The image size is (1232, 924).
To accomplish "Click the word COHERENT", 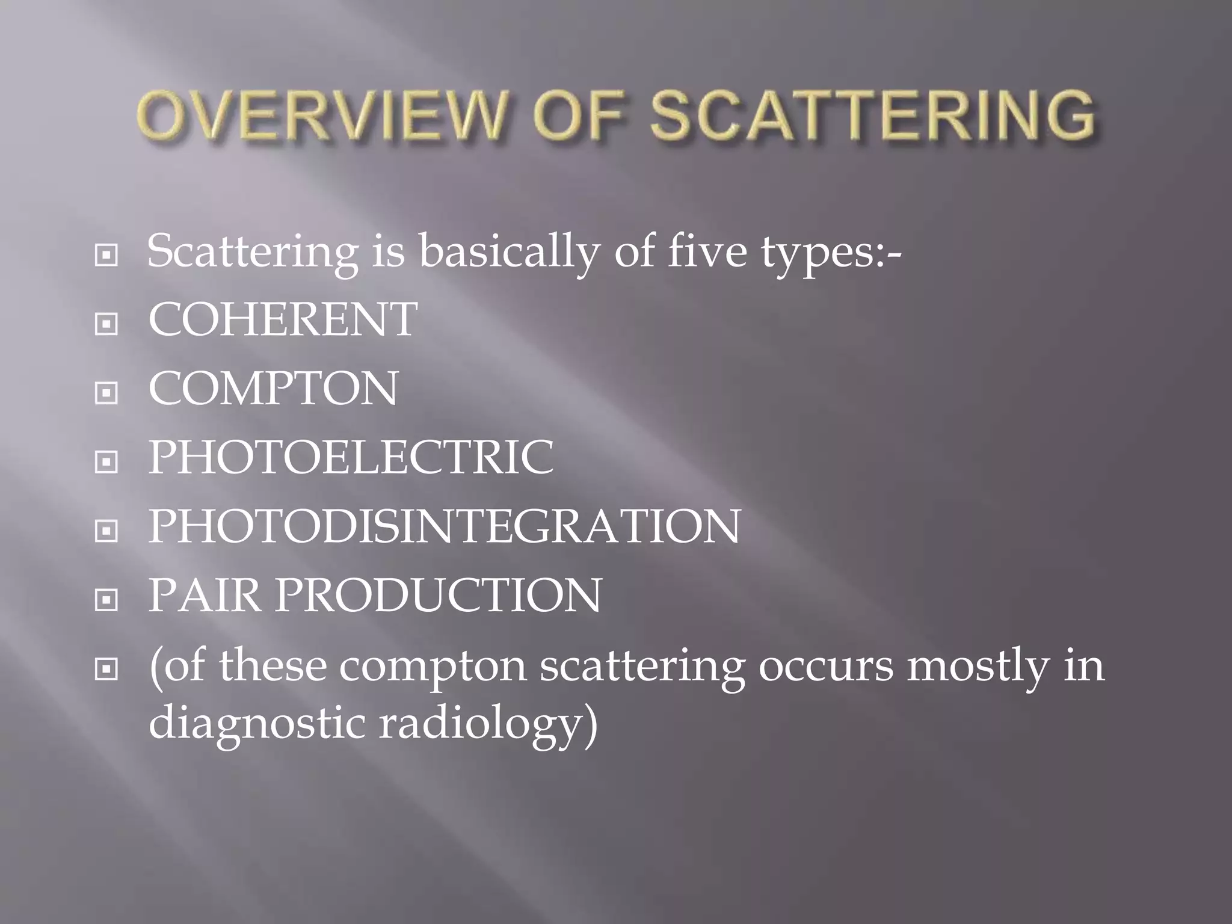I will [x=283, y=319].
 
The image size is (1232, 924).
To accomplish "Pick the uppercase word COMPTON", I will [x=273, y=389].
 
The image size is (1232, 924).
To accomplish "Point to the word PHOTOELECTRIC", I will [x=351, y=458].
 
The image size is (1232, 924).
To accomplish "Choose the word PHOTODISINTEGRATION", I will [x=444, y=527].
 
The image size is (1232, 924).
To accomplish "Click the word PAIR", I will [x=205, y=596].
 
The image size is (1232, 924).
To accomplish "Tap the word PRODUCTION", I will [x=439, y=596].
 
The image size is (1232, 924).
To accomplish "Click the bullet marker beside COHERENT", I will [x=106, y=324].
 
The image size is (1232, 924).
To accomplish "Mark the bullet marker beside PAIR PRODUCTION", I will [x=106, y=600].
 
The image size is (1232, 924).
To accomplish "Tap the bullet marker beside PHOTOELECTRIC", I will [x=106, y=462].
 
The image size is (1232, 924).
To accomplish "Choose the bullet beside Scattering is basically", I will [x=106, y=256].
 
